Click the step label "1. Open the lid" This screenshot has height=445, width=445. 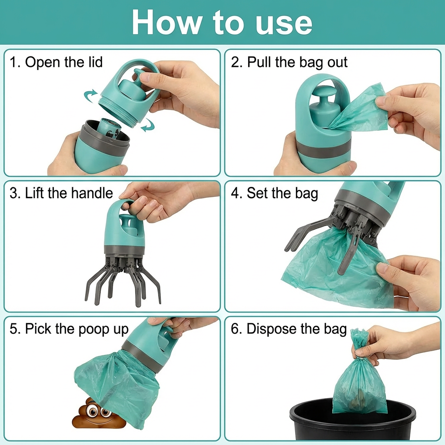tap(56, 62)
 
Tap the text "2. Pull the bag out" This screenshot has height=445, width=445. tap(289, 62)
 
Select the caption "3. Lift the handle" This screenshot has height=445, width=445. tap(61, 193)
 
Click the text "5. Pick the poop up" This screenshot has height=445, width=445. tap(69, 329)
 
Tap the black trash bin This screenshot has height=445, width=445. tap(352, 424)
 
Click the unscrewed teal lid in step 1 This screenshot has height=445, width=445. tap(126, 93)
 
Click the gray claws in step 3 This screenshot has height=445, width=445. tap(124, 278)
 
